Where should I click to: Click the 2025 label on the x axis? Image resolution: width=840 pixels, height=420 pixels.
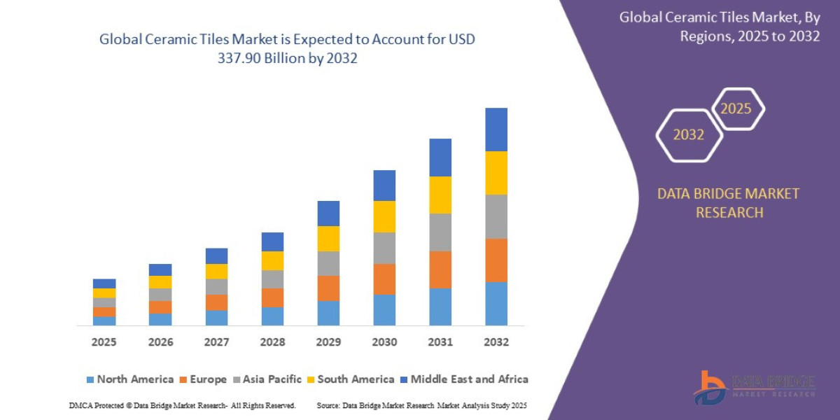[104, 342]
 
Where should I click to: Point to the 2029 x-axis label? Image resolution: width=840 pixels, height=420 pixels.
[328, 342]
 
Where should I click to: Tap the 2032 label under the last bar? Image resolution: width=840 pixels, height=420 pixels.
[496, 342]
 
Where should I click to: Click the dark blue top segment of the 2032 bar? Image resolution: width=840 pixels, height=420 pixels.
[496, 129]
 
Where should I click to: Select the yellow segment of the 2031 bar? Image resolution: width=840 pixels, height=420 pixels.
[440, 195]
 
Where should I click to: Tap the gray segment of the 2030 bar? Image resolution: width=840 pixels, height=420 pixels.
[384, 248]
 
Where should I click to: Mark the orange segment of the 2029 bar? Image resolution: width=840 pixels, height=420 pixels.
[328, 288]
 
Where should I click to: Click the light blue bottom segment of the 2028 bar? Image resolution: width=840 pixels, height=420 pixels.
[272, 316]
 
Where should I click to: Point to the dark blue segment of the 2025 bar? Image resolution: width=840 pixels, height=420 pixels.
[104, 283]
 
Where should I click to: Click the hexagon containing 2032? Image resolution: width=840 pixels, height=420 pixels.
[689, 135]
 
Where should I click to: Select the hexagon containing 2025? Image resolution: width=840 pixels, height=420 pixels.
[736, 108]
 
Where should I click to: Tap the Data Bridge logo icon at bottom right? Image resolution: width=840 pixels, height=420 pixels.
[710, 386]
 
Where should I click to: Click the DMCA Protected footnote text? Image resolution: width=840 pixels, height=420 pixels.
[182, 405]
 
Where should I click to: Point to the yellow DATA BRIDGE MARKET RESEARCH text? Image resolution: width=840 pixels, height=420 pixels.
[728, 202]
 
